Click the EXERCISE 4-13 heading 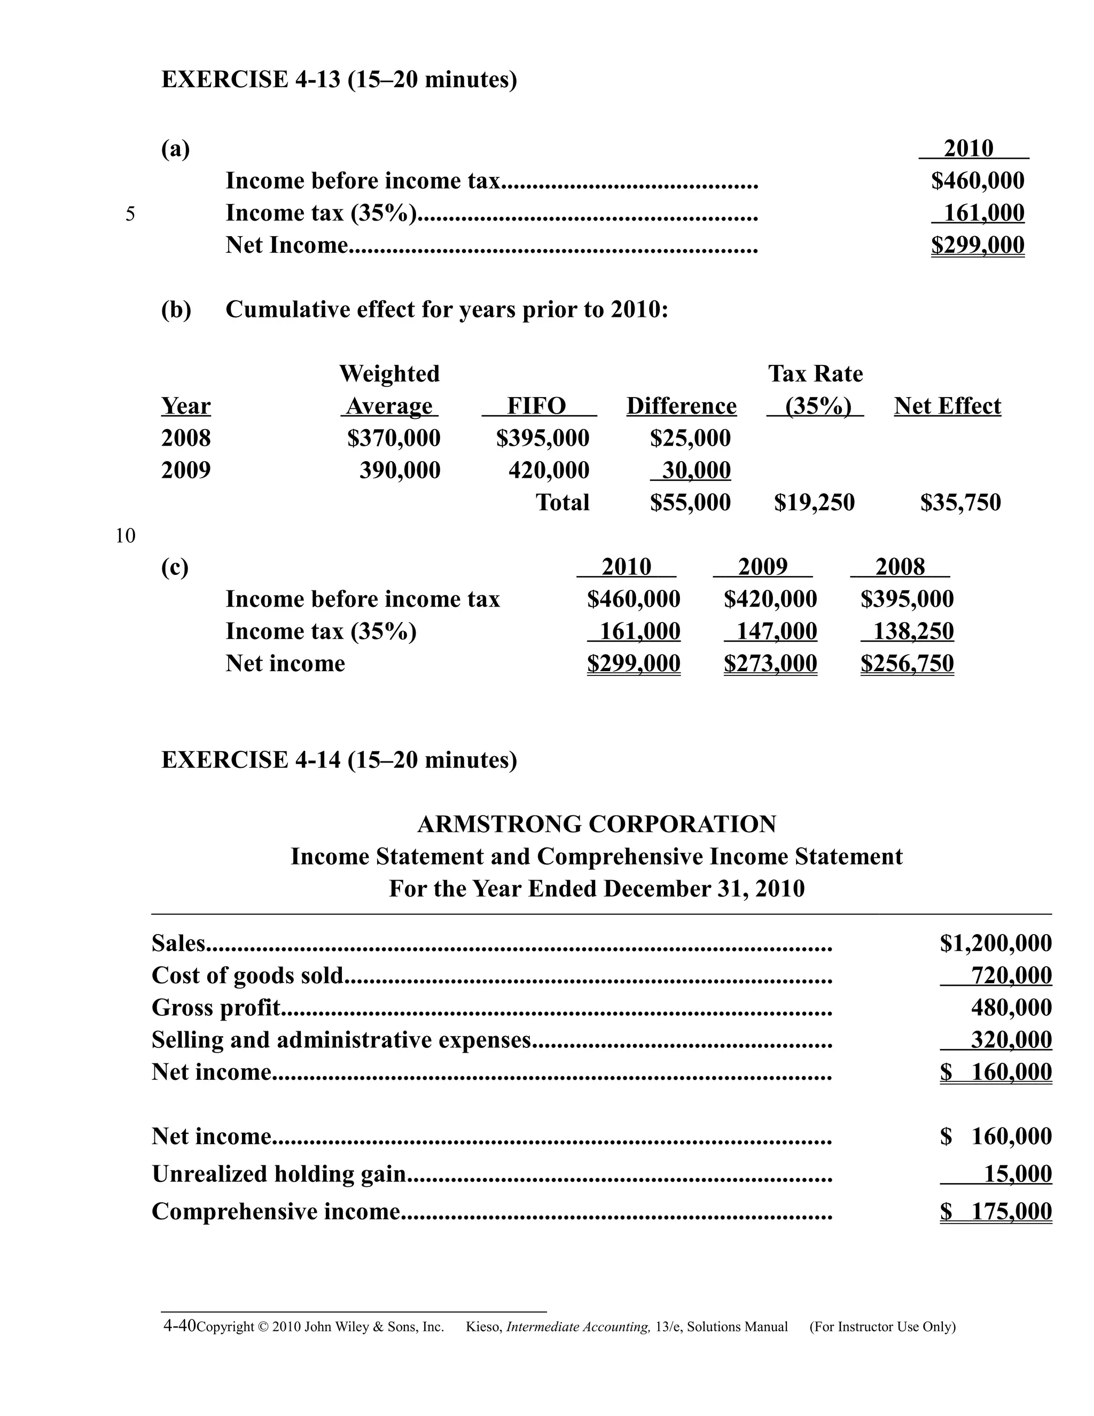click(339, 80)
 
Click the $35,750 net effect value click(960, 502)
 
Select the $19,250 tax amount click(814, 502)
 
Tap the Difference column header click(681, 407)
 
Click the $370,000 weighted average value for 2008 click(393, 438)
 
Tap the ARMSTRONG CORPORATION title click(596, 824)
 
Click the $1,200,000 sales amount click(996, 943)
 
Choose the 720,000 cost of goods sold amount click(1011, 976)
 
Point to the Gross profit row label click(216, 1008)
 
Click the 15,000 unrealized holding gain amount click(1018, 1173)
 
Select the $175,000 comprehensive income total click(996, 1211)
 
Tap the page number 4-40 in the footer click(179, 1326)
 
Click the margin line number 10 click(125, 536)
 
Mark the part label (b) click(176, 310)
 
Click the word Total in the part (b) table click(562, 502)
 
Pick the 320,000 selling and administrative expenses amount click(1011, 1040)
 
